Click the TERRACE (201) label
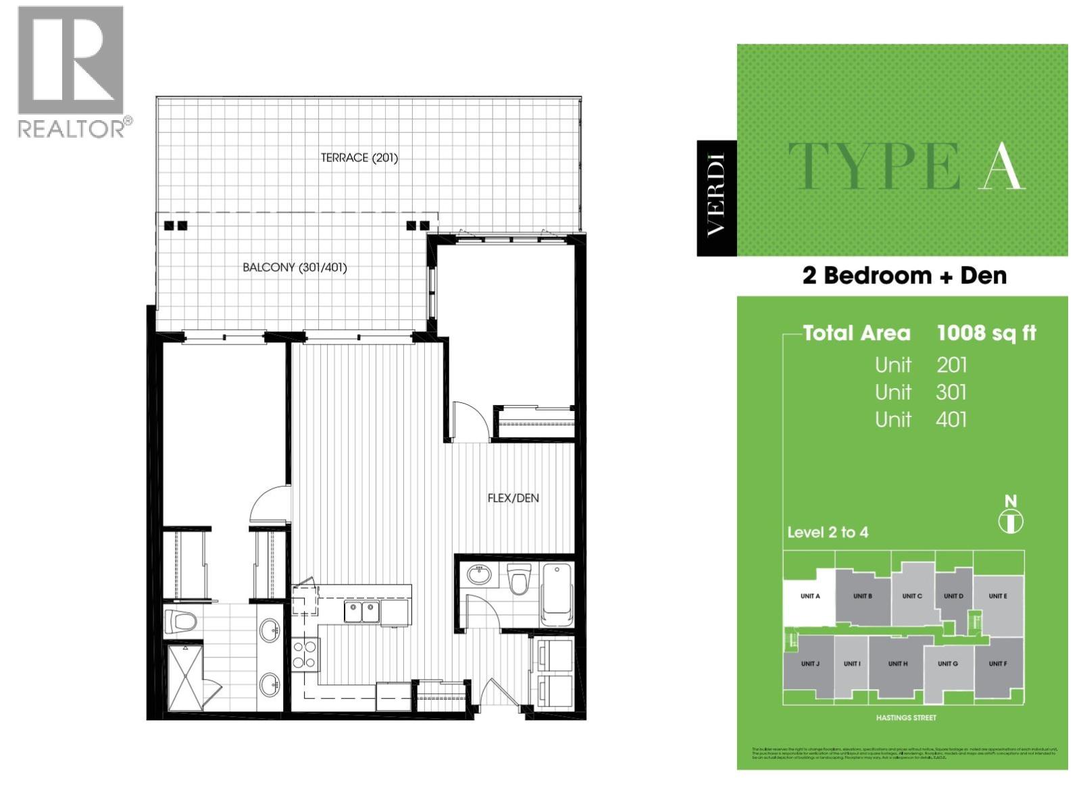coord(359,158)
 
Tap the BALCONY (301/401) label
coord(295,267)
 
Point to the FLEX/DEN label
coord(513,498)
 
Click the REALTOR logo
coord(71,71)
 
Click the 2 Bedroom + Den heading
coord(904,275)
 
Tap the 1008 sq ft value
coord(986,333)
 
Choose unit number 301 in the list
coord(951,392)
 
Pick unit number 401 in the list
coord(951,420)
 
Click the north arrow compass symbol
coord(1011,521)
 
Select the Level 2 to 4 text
coord(828,533)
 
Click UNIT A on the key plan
coord(810,596)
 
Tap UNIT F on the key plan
coord(997,664)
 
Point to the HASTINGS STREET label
coord(905,718)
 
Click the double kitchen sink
coord(361,612)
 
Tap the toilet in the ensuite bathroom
coord(182,620)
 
